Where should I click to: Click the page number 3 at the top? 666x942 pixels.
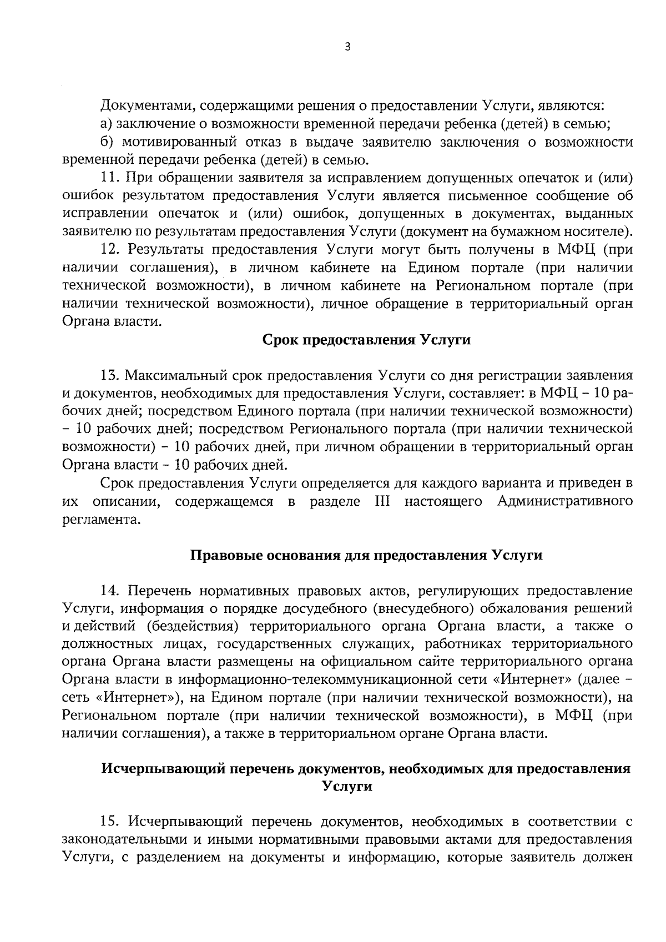click(x=347, y=47)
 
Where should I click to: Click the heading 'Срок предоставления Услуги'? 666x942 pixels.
click(x=366, y=340)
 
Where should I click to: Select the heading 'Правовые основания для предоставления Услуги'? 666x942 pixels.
click(x=366, y=555)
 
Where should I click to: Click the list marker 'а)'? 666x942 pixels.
click(x=107, y=124)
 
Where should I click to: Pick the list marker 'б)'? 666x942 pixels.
click(x=107, y=142)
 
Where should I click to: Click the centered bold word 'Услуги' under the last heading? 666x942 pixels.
click(x=347, y=787)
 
